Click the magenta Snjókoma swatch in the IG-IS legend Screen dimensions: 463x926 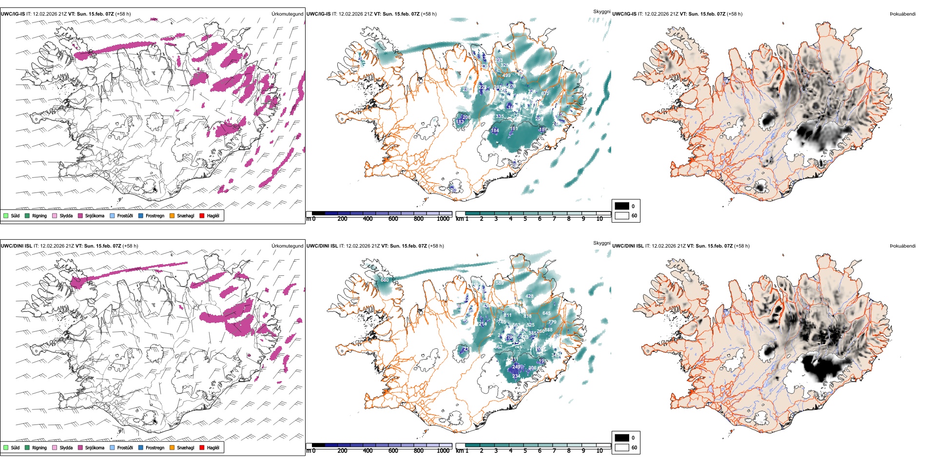pyautogui.click(x=80, y=215)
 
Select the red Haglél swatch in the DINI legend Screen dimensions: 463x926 pyautogui.click(x=202, y=447)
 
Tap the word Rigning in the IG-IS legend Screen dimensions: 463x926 pyautogui.click(x=39, y=216)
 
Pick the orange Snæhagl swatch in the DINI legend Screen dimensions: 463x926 pyautogui.click(x=172, y=447)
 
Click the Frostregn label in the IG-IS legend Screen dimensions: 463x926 pyautogui.click(x=155, y=216)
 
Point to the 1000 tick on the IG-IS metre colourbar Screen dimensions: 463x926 pyautogui.click(x=443, y=219)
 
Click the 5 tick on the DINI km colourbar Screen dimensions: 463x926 pyautogui.click(x=525, y=451)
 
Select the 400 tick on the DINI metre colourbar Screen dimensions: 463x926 pyautogui.click(x=368, y=451)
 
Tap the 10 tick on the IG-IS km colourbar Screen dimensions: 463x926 pyautogui.click(x=599, y=219)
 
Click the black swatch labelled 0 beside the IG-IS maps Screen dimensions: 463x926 pyautogui.click(x=622, y=206)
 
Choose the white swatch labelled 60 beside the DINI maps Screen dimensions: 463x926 pyautogui.click(x=622, y=447)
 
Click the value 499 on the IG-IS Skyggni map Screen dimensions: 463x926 pyautogui.click(x=506, y=76)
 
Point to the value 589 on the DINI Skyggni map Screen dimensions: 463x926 pyautogui.click(x=500, y=283)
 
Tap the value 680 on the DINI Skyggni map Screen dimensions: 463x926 pyautogui.click(x=385, y=280)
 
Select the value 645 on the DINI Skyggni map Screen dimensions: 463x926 pyautogui.click(x=546, y=313)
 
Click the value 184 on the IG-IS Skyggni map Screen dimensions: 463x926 pyautogui.click(x=495, y=131)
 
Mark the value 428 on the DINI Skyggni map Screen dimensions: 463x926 pyautogui.click(x=530, y=296)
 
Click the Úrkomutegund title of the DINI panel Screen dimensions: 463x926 pyautogui.click(x=288, y=246)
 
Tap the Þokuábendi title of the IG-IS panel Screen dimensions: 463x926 pyautogui.click(x=903, y=14)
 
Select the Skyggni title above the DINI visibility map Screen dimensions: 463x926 pyautogui.click(x=601, y=243)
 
